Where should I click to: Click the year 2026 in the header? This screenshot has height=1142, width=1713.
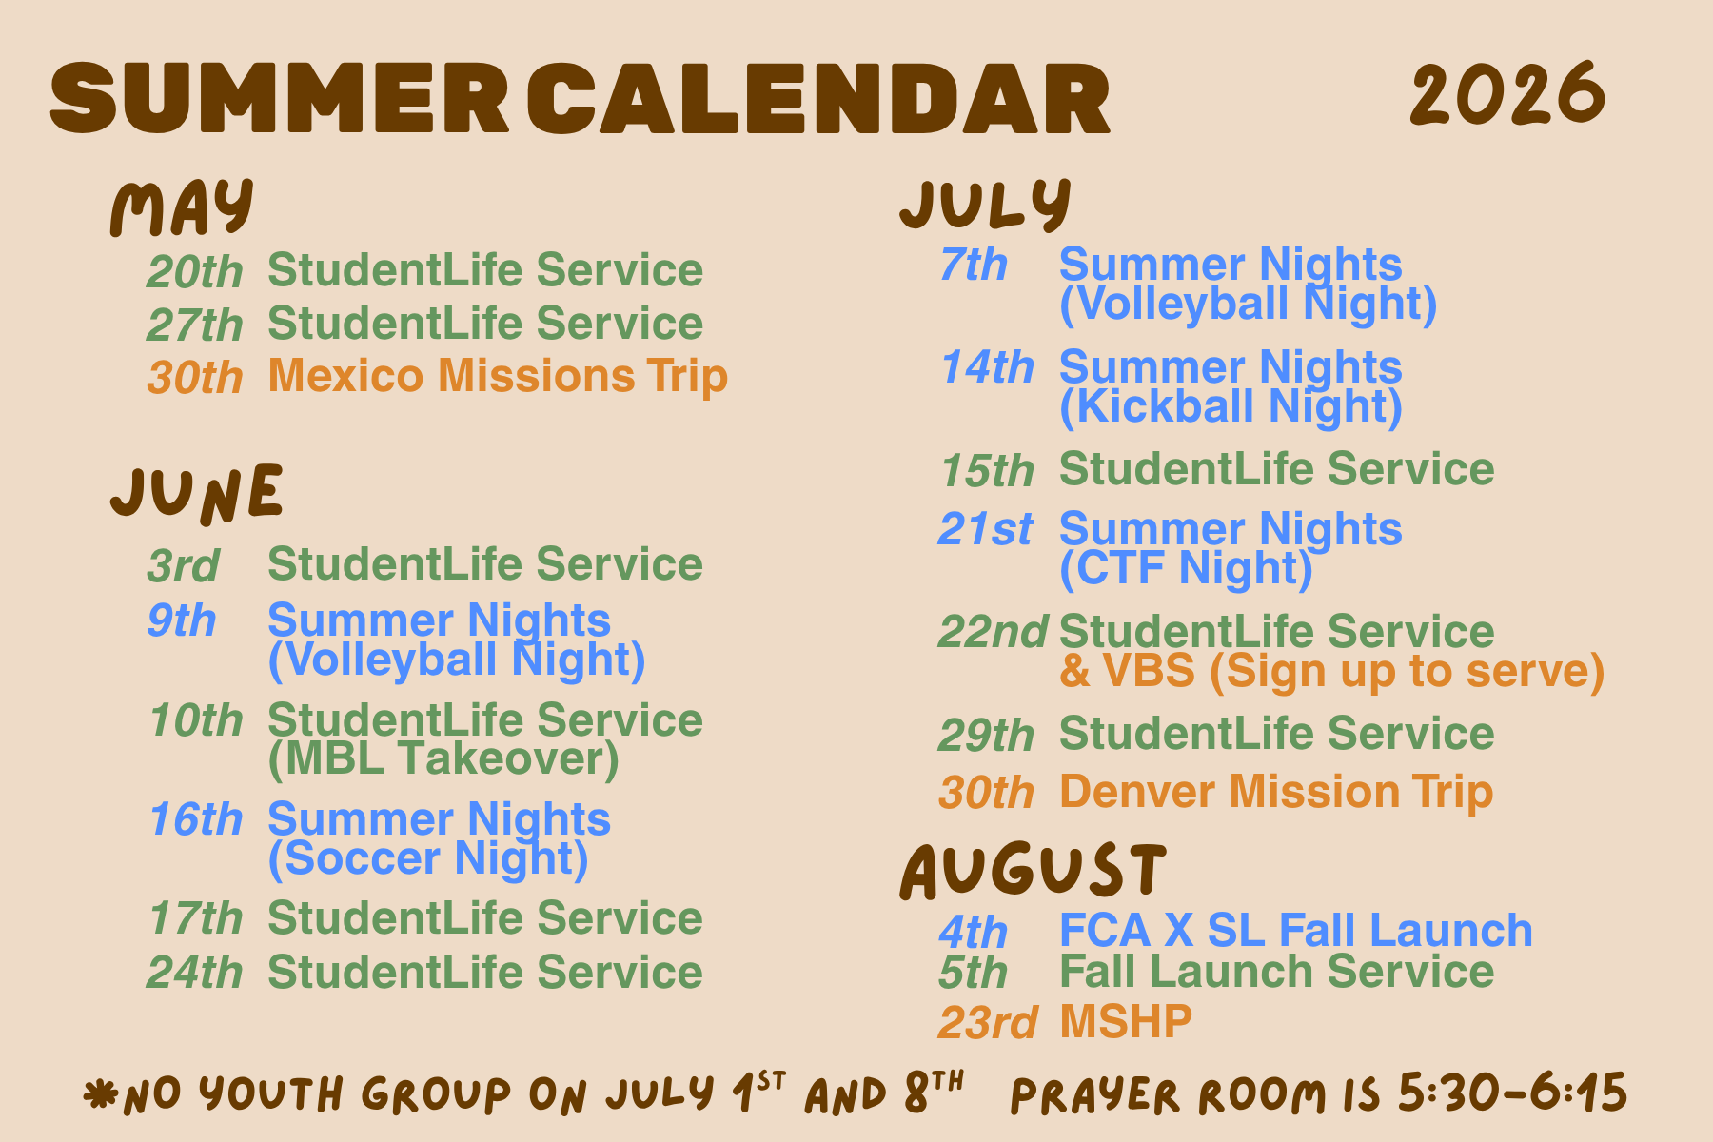[1507, 94]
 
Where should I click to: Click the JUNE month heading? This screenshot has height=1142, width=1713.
[197, 494]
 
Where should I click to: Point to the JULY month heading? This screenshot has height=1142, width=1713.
[986, 204]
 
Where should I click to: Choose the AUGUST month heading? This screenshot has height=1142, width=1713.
[1033, 871]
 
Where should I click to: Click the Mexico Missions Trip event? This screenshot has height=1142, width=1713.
[498, 377]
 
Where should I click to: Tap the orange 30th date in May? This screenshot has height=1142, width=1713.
[195, 378]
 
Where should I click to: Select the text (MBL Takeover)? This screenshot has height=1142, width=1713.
[443, 758]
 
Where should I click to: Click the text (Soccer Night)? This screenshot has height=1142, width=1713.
[428, 858]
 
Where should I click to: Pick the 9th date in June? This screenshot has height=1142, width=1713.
[182, 620]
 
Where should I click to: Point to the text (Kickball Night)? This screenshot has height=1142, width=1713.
[1231, 406]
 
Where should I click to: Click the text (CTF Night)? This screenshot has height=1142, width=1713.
[1186, 568]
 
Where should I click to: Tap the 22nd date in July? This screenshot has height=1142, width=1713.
[993, 632]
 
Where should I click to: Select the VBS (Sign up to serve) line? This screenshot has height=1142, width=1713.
[1332, 671]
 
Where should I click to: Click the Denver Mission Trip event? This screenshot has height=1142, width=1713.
[1276, 793]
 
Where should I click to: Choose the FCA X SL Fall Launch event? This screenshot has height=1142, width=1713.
[1296, 930]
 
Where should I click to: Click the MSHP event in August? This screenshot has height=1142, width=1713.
[1125, 1022]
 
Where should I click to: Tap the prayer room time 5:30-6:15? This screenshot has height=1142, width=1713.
[1512, 1093]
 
